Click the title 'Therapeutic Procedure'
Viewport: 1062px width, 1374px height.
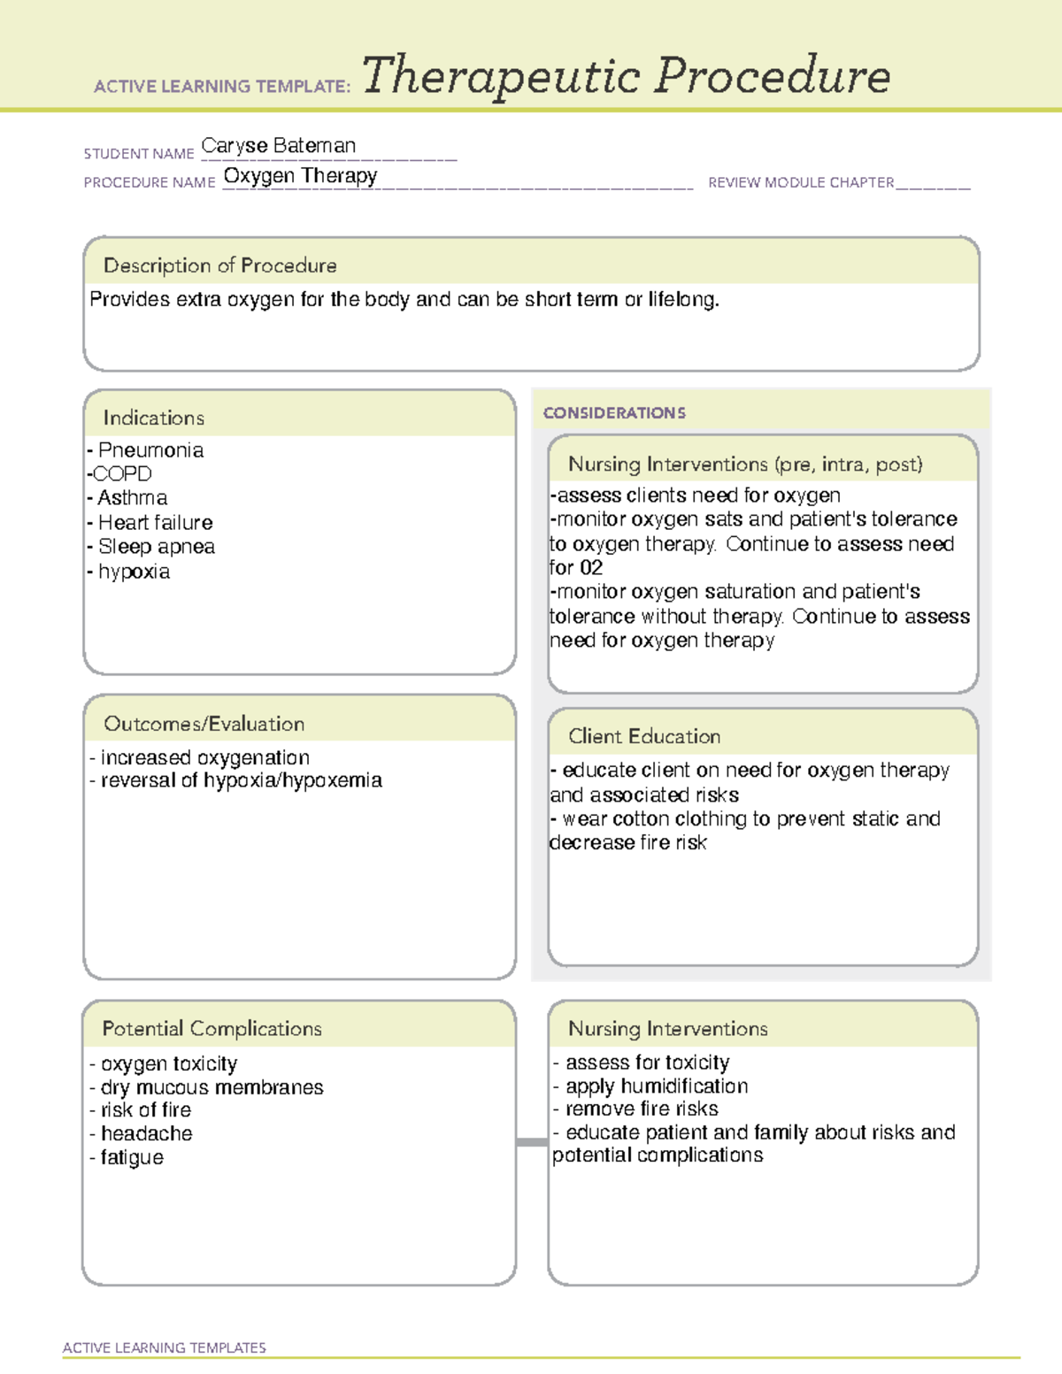click(x=626, y=77)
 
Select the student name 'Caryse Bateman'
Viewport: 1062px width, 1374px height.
click(x=279, y=146)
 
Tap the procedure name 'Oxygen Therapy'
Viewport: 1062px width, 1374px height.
click(x=300, y=176)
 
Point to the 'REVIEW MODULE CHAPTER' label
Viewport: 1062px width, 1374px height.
click(x=801, y=183)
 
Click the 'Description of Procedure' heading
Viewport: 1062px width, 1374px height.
click(x=219, y=265)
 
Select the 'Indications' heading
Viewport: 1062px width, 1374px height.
click(x=153, y=418)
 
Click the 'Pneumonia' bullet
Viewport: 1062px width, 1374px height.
click(x=150, y=450)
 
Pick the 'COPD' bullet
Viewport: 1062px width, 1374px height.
click(x=122, y=474)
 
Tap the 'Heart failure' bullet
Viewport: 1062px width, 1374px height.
click(x=155, y=523)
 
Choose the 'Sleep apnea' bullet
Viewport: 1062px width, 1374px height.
click(x=156, y=547)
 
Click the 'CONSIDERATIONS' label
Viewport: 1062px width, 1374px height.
click(x=614, y=413)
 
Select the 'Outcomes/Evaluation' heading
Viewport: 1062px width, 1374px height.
click(x=204, y=724)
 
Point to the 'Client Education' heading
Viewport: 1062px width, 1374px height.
click(x=644, y=736)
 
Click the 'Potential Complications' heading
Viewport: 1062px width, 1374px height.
click(x=212, y=1028)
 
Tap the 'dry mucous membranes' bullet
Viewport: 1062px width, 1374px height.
click(x=212, y=1087)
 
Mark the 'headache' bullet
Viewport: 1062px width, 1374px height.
click(x=146, y=1133)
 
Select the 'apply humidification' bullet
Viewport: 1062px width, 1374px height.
click(x=656, y=1086)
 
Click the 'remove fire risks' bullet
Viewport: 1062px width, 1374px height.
click(x=641, y=1109)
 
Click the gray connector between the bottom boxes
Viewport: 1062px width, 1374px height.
click(x=531, y=1142)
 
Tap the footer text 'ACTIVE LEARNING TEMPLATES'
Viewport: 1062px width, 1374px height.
click(x=165, y=1347)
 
